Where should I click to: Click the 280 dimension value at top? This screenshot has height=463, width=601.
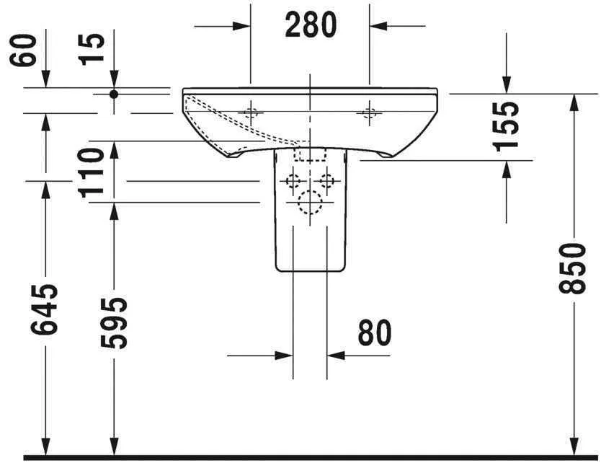[x=311, y=25]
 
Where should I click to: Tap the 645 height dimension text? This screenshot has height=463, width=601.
[x=45, y=309]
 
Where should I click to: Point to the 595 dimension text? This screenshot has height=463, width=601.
[x=112, y=322]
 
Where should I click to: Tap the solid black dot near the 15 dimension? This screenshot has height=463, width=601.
[x=113, y=94]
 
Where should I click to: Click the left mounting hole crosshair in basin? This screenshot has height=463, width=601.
[x=250, y=112]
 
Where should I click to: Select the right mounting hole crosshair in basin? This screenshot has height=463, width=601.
[x=370, y=112]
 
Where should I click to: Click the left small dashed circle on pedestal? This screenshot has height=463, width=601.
[x=293, y=180]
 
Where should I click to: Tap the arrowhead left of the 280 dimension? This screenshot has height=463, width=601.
[x=241, y=25]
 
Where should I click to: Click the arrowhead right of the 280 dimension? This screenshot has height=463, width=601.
[x=378, y=25]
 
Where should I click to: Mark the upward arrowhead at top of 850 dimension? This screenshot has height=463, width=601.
[x=574, y=102]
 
